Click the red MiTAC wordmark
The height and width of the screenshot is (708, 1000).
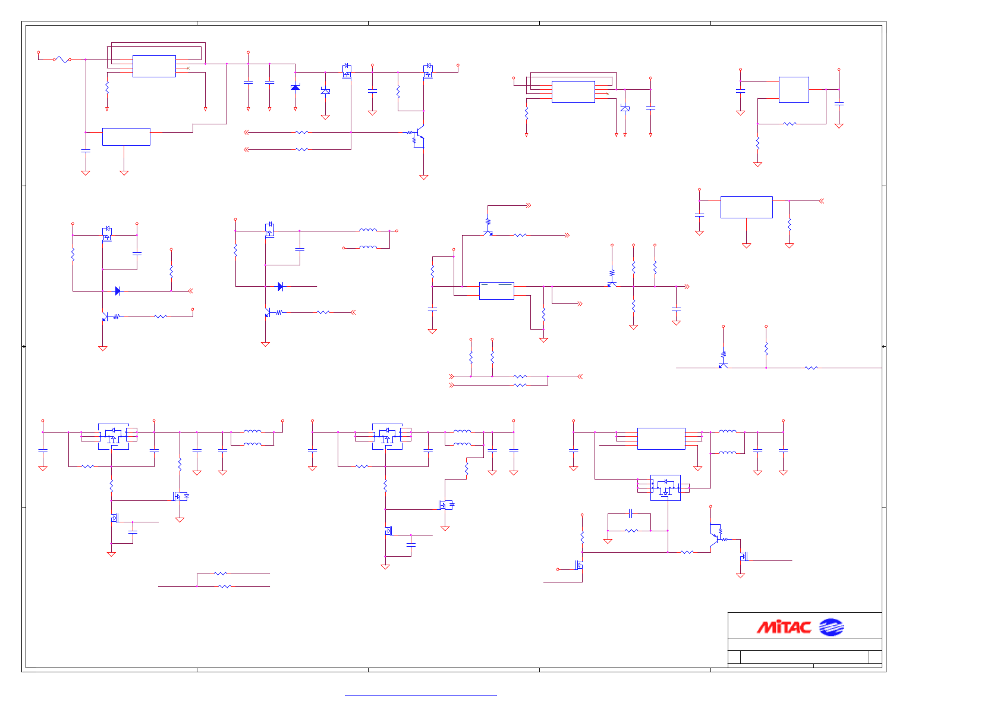[784, 627]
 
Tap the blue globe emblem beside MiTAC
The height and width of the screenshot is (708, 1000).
[831, 627]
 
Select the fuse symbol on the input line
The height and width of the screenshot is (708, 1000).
[62, 59]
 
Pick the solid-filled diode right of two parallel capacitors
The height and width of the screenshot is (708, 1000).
[295, 87]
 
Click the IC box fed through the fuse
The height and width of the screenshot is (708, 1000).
[154, 66]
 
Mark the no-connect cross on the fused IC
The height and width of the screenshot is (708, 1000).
[188, 68]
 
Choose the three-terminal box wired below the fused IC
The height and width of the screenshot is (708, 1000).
[126, 136]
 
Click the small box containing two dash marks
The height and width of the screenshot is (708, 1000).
[496, 290]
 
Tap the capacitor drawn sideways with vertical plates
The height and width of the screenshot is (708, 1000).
[631, 513]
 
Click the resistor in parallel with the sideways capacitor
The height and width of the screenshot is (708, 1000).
[631, 530]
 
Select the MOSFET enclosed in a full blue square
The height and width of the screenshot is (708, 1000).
[665, 487]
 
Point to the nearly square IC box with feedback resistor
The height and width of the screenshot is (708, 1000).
[794, 90]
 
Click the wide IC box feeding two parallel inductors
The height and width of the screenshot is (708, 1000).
[661, 438]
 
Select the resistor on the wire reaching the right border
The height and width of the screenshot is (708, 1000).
[811, 368]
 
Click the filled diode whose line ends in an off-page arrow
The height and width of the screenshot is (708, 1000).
[118, 291]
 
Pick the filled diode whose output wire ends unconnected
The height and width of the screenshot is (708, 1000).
[281, 286]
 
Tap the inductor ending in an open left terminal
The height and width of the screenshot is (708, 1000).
[367, 248]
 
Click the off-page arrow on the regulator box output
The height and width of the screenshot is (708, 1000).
[822, 201]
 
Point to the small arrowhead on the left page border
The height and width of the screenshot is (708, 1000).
[24, 346]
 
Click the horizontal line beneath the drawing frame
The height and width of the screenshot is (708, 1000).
[420, 696]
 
